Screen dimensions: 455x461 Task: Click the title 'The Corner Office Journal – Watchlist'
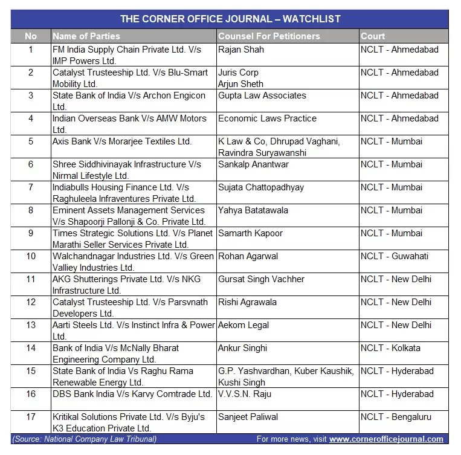(230, 19)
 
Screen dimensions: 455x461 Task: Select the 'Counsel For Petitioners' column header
(269, 36)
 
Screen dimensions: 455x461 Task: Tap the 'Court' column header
(373, 36)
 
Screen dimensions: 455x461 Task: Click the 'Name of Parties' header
(86, 36)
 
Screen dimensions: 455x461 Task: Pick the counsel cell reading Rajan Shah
(241, 50)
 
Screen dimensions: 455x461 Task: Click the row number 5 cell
(31, 141)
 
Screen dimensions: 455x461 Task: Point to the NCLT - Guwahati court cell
(395, 256)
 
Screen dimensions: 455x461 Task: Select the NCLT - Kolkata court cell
(391, 348)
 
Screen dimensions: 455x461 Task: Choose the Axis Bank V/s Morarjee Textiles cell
(121, 141)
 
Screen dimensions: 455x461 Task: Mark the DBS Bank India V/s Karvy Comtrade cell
(132, 394)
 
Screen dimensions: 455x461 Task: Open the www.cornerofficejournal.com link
(386, 439)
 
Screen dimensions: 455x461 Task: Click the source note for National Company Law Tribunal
(84, 439)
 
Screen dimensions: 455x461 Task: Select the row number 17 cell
(31, 417)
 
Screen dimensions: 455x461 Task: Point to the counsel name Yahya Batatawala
(253, 210)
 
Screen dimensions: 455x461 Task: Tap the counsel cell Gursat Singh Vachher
(261, 279)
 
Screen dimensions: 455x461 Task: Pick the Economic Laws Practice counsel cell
(267, 118)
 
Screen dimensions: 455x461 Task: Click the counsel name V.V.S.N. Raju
(245, 394)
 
